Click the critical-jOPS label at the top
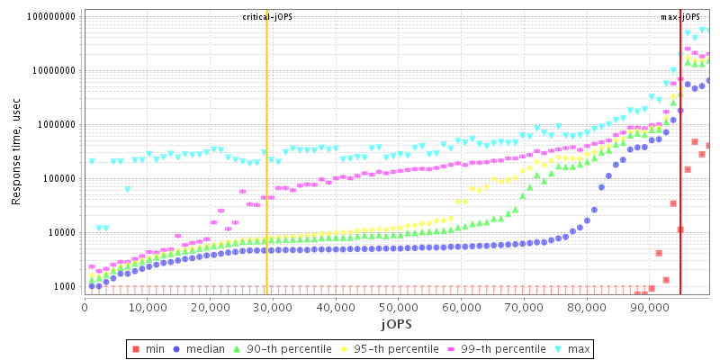point(267,17)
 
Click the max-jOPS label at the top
point(680,17)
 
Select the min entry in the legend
point(148,347)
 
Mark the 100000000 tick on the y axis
point(50,17)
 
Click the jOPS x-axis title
point(398,323)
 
